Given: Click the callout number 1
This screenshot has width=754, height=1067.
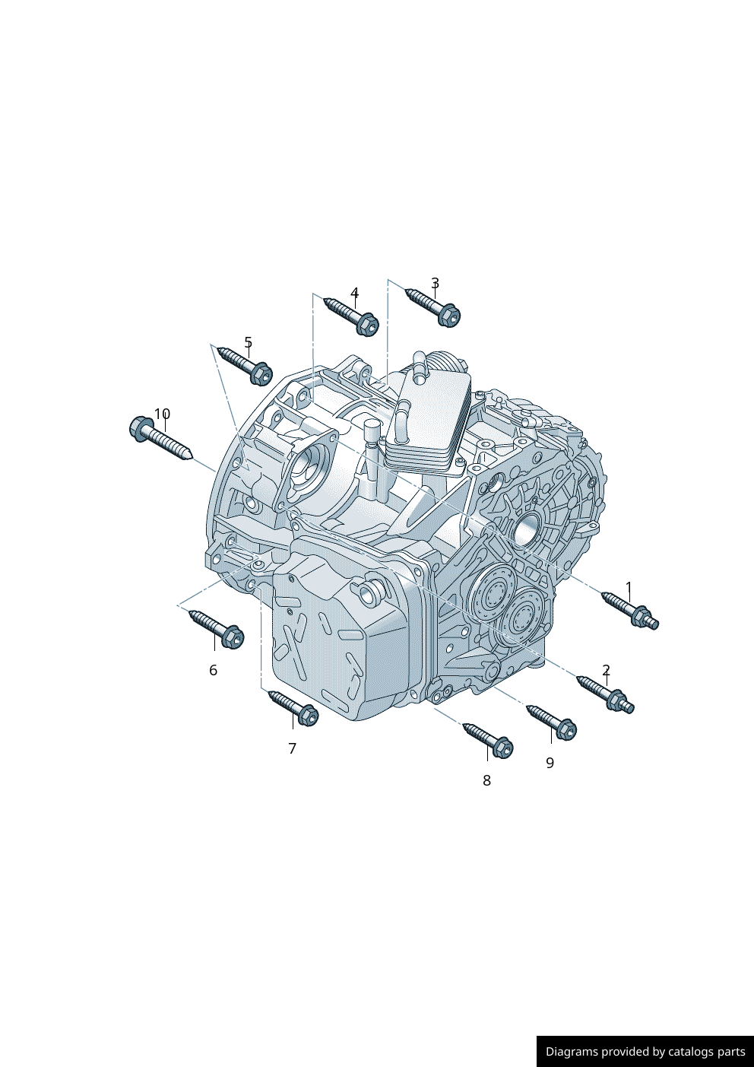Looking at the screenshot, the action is (x=629, y=586).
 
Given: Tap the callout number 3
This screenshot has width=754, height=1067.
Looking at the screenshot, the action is (x=435, y=284).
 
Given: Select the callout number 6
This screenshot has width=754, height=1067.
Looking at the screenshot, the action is (x=214, y=670).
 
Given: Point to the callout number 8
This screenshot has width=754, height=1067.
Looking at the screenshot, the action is (x=486, y=780).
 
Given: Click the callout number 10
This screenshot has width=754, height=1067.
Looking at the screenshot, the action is (x=162, y=414).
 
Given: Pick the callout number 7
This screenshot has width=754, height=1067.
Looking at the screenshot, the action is (x=293, y=748).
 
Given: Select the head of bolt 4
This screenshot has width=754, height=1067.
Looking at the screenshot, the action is (x=367, y=325).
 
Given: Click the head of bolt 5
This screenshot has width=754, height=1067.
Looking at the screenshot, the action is (x=261, y=373).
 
